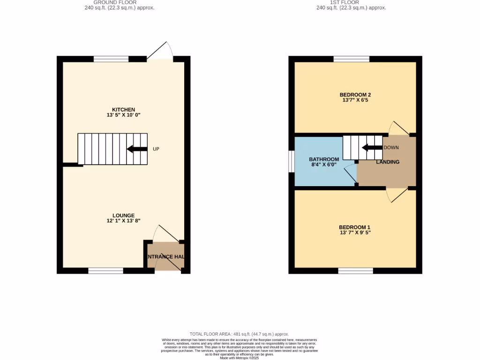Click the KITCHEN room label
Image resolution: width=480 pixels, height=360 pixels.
tap(124, 110)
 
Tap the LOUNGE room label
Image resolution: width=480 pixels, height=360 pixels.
tap(124, 216)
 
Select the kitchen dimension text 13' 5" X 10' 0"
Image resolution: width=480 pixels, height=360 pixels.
tap(124, 115)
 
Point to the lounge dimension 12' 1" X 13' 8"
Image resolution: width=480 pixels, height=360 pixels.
tap(124, 221)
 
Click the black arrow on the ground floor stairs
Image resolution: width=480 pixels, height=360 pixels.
tap(136, 149)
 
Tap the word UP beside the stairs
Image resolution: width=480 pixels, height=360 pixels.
tap(156, 149)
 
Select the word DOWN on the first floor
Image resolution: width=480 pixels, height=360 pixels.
tap(391, 148)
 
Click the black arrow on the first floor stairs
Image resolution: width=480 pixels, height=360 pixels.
tap(372, 148)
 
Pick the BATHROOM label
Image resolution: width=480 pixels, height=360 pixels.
tap(324, 159)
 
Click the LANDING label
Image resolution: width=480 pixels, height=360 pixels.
tap(388, 162)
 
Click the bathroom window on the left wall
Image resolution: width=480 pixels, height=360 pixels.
tap(291, 162)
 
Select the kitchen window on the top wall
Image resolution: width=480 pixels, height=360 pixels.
tap(111, 59)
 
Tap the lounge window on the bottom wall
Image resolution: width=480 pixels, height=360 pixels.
tap(105, 270)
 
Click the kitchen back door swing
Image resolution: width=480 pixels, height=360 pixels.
tap(160, 52)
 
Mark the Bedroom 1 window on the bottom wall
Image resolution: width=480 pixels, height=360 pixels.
tap(356, 270)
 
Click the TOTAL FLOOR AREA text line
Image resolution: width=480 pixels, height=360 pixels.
tap(239, 334)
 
